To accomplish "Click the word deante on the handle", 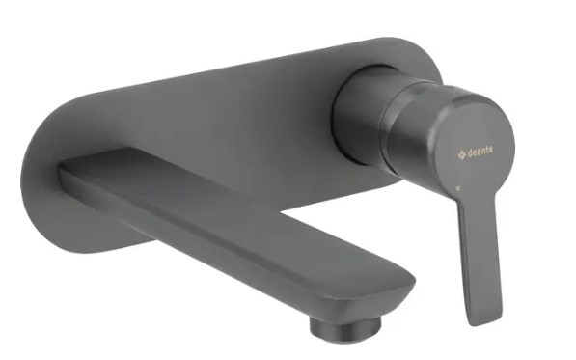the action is pos(480,152).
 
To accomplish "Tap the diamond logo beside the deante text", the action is pos(462,154).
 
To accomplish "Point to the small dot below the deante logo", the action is pos(458,188).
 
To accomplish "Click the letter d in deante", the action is pos(470,153).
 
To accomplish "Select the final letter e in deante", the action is pos(490,150).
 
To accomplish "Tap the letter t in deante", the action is pos(486,150).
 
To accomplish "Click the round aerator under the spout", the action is pos(345,327).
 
